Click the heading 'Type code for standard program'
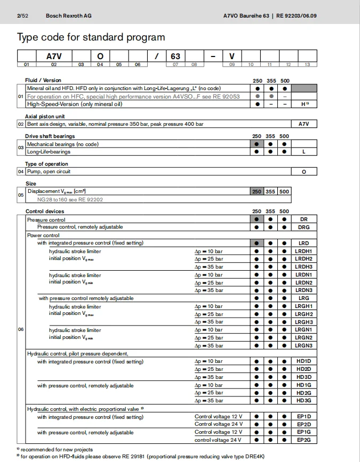[x=91, y=37]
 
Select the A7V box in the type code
[x=54, y=56]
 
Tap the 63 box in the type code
[x=175, y=56]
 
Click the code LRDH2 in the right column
[x=303, y=258]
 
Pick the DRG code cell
[x=303, y=227]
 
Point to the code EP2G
[x=303, y=440]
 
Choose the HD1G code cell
[x=303, y=385]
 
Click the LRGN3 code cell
[x=303, y=345]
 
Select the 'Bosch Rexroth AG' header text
[x=68, y=16]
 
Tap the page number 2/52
[x=22, y=16]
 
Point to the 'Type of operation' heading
[x=46, y=164]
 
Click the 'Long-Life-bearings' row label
[x=49, y=152]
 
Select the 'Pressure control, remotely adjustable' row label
[x=79, y=227]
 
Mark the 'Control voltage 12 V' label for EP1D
[x=218, y=417]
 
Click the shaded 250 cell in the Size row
[x=257, y=191]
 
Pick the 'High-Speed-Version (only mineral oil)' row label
[x=74, y=104]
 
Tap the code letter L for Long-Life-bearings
[x=303, y=152]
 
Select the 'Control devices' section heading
[x=44, y=212]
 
